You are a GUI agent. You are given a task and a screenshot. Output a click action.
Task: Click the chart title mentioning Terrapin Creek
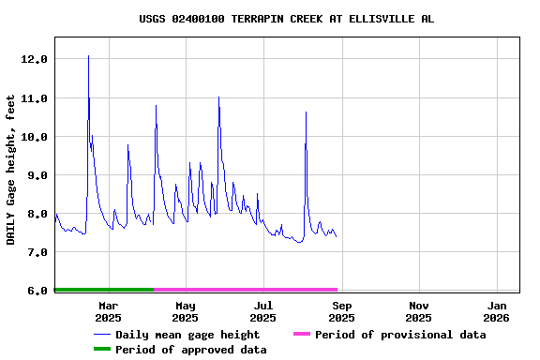pyautogui.click(x=286, y=19)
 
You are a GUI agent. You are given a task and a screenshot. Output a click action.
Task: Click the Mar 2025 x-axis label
pyautogui.click(x=108, y=311)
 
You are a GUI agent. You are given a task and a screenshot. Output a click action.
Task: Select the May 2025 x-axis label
pyautogui.click(x=186, y=311)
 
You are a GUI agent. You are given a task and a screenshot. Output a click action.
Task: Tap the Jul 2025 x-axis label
pyautogui.click(x=263, y=311)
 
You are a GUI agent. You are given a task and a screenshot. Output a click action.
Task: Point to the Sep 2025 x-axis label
pyautogui.click(x=342, y=311)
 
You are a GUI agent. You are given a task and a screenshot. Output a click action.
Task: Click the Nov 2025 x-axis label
pyautogui.click(x=419, y=311)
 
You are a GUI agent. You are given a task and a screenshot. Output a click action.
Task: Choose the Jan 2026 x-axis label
pyautogui.click(x=498, y=311)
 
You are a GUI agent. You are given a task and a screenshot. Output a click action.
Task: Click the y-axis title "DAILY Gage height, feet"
pyautogui.click(x=11, y=170)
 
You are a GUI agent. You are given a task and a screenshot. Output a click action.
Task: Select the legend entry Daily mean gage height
pyautogui.click(x=187, y=335)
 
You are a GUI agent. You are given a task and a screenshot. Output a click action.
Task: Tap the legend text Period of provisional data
pyautogui.click(x=400, y=335)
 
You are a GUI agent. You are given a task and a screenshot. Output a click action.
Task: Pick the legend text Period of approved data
pyautogui.click(x=191, y=350)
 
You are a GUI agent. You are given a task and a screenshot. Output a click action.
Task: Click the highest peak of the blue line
pyautogui.click(x=88, y=56)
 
